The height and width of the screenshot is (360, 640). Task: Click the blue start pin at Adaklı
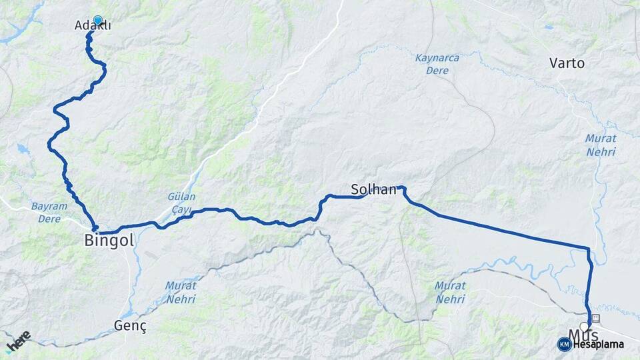click(98, 20)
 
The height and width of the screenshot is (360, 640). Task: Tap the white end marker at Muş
click(585, 327)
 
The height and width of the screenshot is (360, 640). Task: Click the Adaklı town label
click(93, 26)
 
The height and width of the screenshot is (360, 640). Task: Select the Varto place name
click(567, 63)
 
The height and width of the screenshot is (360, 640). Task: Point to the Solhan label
click(374, 189)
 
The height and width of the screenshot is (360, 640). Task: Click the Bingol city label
click(109, 240)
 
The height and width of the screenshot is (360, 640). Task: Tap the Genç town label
click(130, 326)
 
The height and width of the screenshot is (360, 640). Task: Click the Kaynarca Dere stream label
click(437, 64)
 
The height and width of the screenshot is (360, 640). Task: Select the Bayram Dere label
click(49, 212)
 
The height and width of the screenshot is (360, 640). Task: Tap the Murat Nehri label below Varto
click(601, 145)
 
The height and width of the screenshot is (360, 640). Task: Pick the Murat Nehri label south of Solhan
click(450, 292)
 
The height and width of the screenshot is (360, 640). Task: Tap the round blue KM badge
click(564, 344)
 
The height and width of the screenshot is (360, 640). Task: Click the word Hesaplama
click(598, 344)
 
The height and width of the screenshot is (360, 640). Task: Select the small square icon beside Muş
click(595, 318)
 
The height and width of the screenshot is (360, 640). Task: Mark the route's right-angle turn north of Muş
click(588, 249)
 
